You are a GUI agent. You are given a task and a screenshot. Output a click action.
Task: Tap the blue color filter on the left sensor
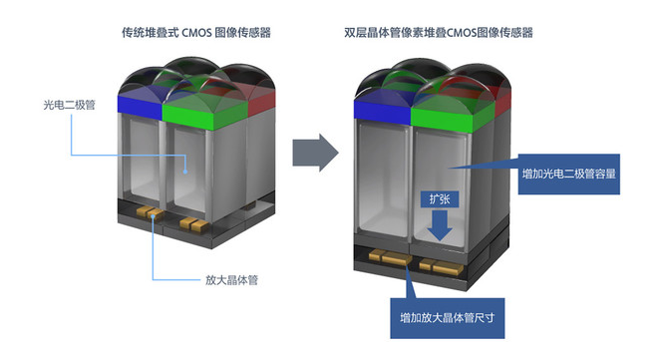coord(139,103)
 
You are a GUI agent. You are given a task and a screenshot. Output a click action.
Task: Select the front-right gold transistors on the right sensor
coord(438,266)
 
